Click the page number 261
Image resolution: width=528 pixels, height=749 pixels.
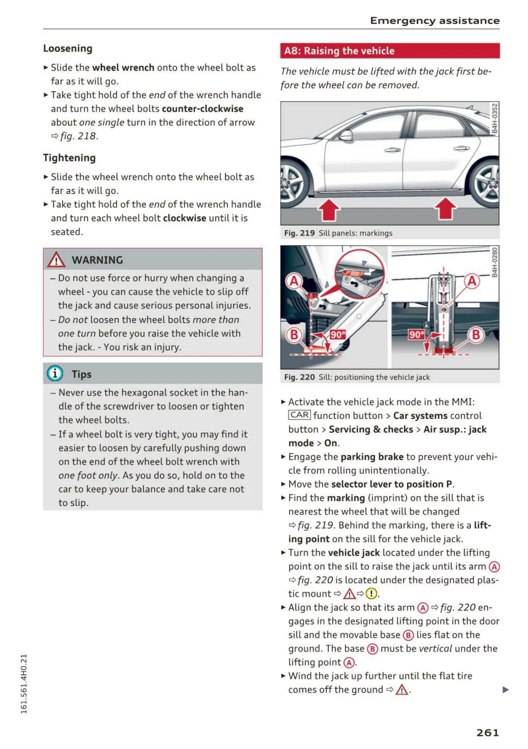click(x=487, y=732)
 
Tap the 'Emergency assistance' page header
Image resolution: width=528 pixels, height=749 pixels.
click(x=434, y=21)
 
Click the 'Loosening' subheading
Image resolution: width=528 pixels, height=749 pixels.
click(x=67, y=49)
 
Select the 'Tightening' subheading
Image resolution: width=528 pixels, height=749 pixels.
click(x=69, y=158)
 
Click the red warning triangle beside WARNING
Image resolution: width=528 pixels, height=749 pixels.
click(x=56, y=260)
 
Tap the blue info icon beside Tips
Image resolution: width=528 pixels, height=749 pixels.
click(x=55, y=373)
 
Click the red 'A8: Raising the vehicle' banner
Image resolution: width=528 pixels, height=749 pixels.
click(x=390, y=51)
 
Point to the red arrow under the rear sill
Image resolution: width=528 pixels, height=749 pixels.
click(x=445, y=209)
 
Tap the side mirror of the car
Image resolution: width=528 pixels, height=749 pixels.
click(x=346, y=136)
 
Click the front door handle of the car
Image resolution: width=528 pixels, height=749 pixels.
click(x=392, y=150)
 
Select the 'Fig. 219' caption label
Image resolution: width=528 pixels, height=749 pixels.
click(x=299, y=233)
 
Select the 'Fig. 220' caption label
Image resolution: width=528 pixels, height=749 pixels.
click(x=299, y=377)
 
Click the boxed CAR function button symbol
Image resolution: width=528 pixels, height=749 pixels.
click(x=299, y=415)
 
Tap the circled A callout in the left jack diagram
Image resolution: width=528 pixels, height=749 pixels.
click(x=294, y=281)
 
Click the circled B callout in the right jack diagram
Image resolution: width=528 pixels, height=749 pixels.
click(x=475, y=335)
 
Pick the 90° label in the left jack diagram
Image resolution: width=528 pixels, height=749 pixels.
click(x=337, y=335)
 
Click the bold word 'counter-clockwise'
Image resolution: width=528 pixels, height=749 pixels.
click(x=202, y=109)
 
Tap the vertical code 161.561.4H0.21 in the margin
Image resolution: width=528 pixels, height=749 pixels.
click(x=23, y=683)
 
